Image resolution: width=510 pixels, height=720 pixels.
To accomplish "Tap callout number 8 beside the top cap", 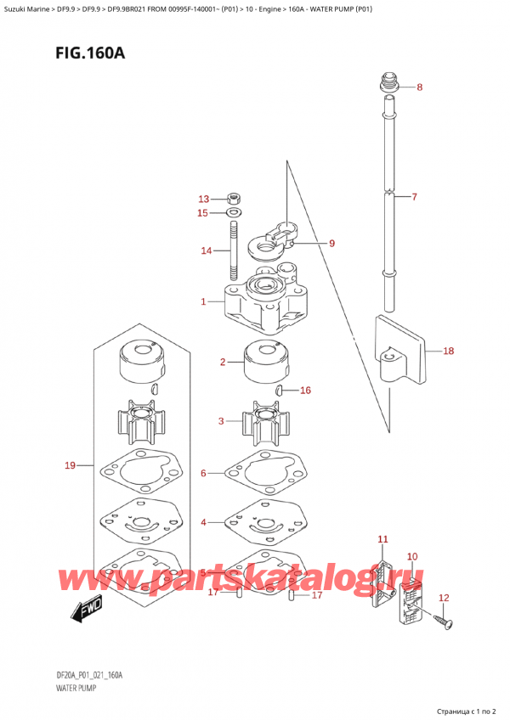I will (419, 87).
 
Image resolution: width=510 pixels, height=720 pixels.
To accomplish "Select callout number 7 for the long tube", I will (414, 198).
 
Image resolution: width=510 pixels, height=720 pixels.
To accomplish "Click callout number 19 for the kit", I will (71, 464).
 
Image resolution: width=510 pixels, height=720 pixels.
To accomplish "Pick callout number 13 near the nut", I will (202, 199).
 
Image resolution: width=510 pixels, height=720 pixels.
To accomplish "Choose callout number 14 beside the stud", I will (206, 250).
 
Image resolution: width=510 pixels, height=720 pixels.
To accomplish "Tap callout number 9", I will (331, 244).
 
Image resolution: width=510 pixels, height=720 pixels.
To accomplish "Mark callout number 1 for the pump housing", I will (203, 301).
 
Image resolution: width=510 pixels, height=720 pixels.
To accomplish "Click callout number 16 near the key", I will (306, 391).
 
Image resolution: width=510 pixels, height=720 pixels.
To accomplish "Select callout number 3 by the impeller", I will (221, 421).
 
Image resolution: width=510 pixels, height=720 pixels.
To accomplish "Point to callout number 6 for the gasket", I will (203, 473).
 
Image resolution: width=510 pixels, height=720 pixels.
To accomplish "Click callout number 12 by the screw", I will (443, 599).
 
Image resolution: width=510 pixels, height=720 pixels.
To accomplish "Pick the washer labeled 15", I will (234, 212).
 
